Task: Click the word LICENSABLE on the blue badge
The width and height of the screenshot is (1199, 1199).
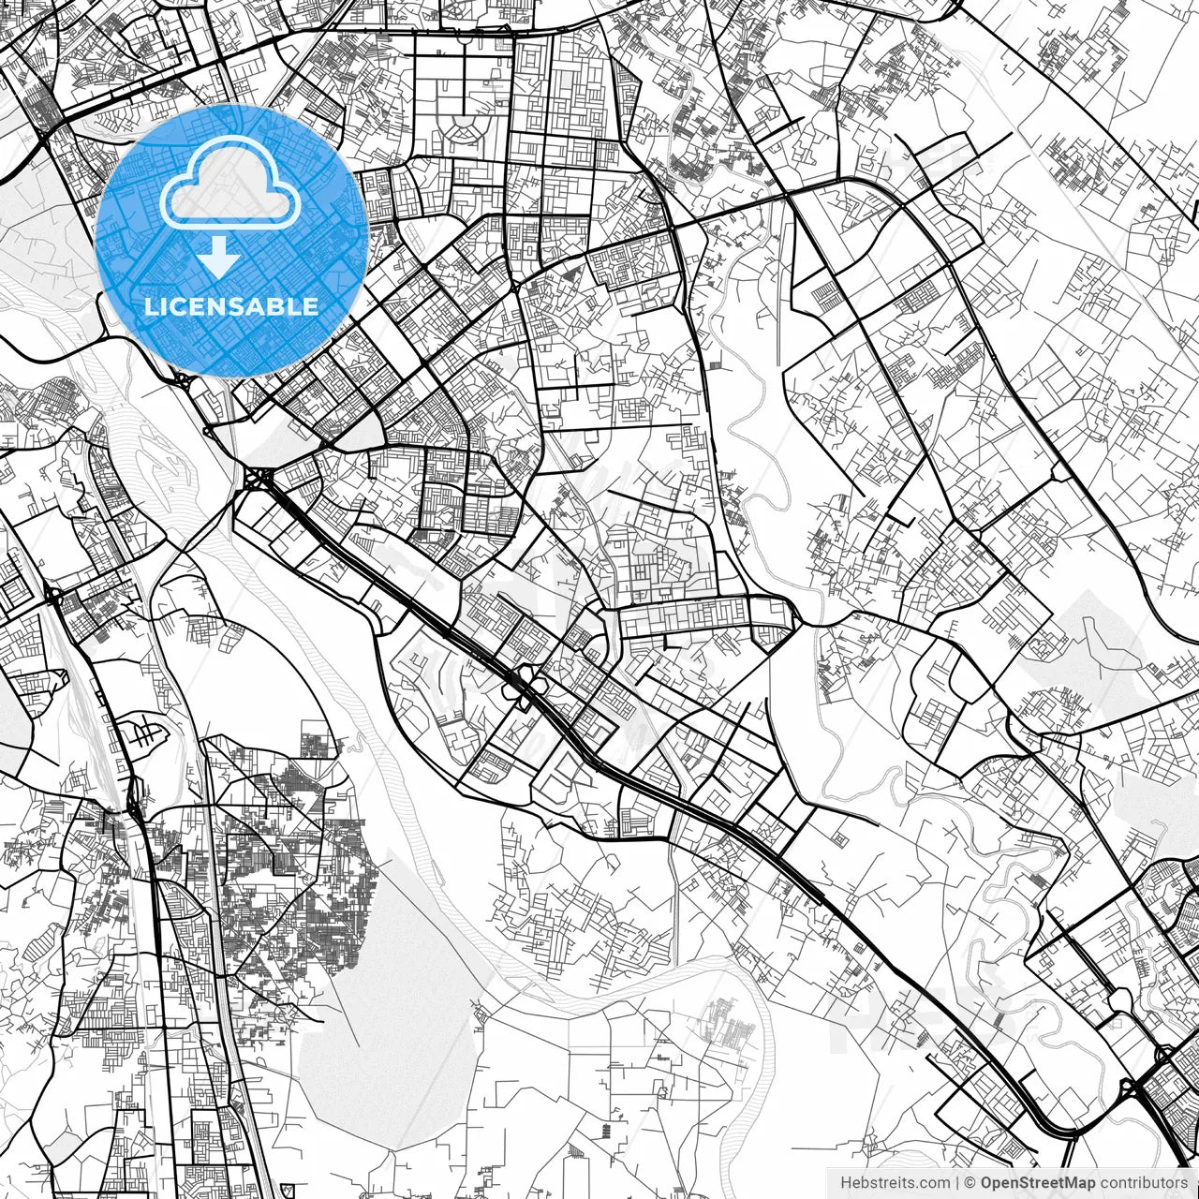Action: point(231,306)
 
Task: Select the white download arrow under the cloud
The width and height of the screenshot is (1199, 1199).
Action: point(219,256)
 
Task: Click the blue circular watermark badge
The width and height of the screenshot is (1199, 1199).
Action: point(231,240)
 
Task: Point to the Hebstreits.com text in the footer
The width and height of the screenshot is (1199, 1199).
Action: point(895,1183)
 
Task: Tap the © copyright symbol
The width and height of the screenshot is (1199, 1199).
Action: point(970,1183)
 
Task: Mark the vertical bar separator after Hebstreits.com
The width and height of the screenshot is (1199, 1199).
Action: point(956,1183)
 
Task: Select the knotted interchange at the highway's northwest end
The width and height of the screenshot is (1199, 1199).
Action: point(255,480)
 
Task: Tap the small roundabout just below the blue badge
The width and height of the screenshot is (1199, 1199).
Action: point(181,379)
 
